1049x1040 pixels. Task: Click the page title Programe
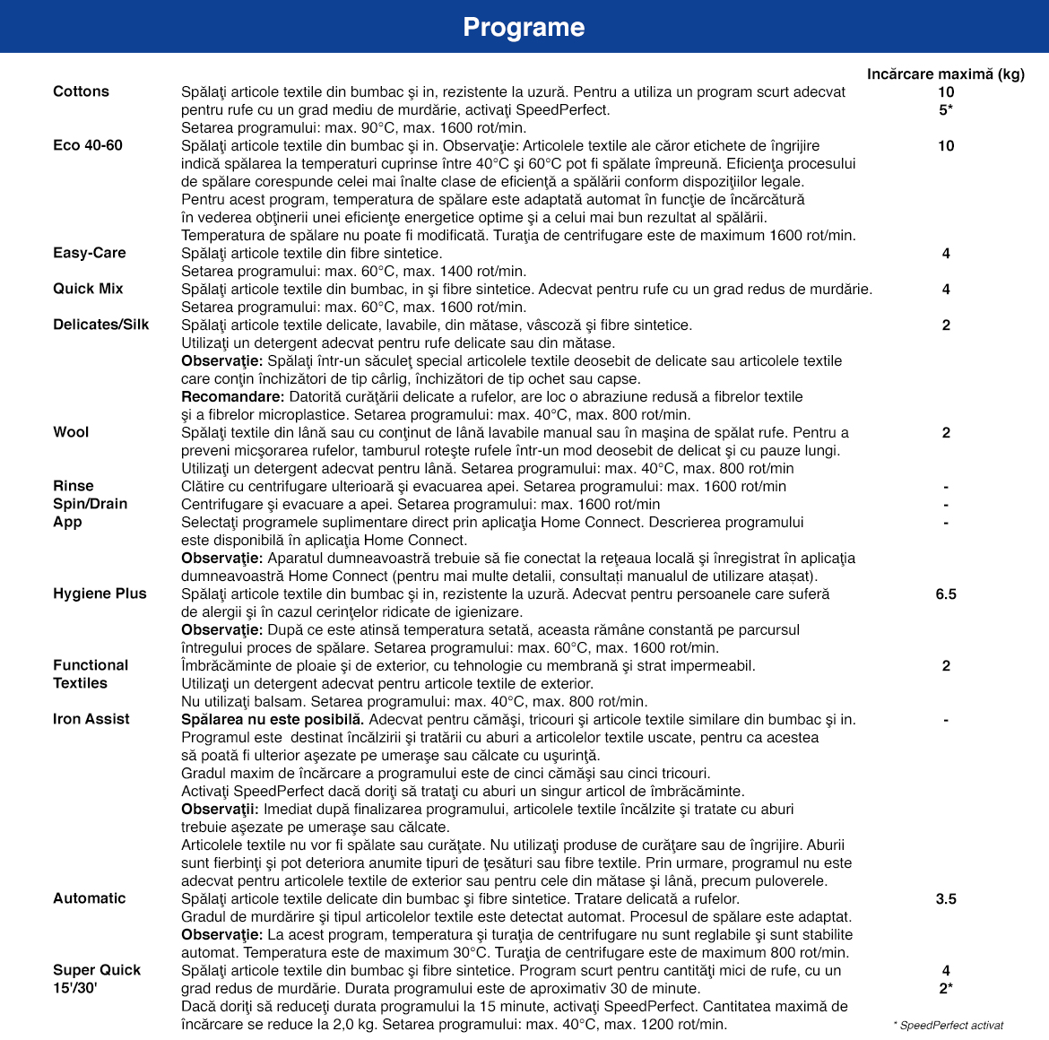point(524,27)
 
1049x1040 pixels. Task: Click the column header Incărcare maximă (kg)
point(945,74)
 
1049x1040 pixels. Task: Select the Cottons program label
point(81,91)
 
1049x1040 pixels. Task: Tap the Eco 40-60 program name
point(88,145)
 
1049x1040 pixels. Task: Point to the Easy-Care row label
point(90,253)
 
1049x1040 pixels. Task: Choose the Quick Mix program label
point(88,289)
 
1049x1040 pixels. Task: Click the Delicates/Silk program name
point(101,325)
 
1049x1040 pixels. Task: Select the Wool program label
point(71,432)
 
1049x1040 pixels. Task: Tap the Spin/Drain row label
point(91,504)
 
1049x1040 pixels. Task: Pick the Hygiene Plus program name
point(100,594)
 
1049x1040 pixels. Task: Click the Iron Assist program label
point(91,719)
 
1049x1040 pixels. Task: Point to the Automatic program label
point(90,898)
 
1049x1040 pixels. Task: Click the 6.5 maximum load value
point(946,594)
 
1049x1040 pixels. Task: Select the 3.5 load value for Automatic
point(946,898)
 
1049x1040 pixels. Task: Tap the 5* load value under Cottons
point(946,109)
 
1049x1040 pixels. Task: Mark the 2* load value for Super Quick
point(946,988)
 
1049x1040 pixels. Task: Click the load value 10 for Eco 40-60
point(946,145)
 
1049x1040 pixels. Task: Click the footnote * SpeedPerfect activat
point(949,1025)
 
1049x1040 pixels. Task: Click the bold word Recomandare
point(232,396)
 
